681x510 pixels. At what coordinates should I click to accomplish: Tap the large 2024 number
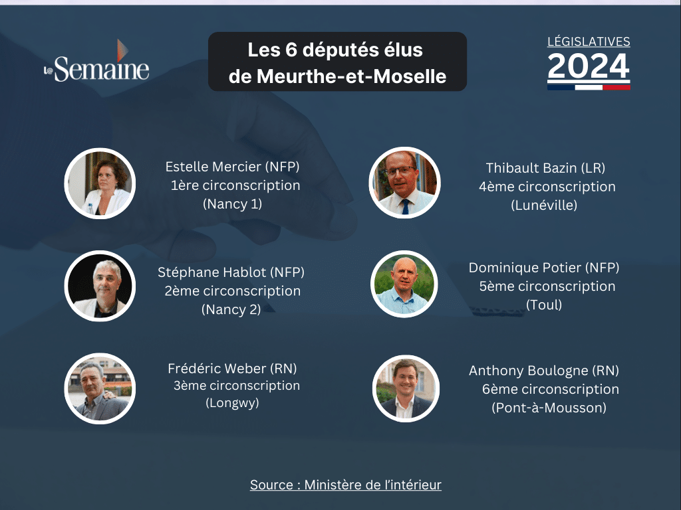[589, 66]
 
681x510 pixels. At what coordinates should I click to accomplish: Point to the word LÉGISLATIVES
[589, 42]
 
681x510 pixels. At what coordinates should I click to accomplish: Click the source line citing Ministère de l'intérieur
[346, 485]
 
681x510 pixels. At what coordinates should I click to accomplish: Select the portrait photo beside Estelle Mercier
[100, 183]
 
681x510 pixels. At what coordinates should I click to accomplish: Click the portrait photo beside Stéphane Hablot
[100, 286]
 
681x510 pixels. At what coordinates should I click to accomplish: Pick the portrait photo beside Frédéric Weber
[100, 388]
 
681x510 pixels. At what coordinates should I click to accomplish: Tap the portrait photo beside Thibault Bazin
[405, 183]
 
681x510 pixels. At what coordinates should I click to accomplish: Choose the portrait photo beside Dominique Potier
[405, 284]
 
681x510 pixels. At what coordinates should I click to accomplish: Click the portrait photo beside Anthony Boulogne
[406, 388]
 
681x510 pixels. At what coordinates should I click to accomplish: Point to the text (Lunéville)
[544, 205]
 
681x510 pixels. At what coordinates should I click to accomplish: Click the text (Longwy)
[232, 403]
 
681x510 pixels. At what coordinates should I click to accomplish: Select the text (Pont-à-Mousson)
[549, 408]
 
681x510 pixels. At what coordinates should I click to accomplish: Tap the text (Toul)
[544, 305]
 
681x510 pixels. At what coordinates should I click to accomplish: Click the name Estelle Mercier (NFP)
[232, 167]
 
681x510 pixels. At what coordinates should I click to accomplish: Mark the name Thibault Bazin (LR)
[545, 168]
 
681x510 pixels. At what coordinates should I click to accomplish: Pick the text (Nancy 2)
[231, 309]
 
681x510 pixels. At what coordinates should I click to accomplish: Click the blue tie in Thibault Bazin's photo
[406, 207]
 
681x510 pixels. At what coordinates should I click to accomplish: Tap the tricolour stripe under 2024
[589, 87]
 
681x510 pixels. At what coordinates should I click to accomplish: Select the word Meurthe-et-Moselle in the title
[351, 77]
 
